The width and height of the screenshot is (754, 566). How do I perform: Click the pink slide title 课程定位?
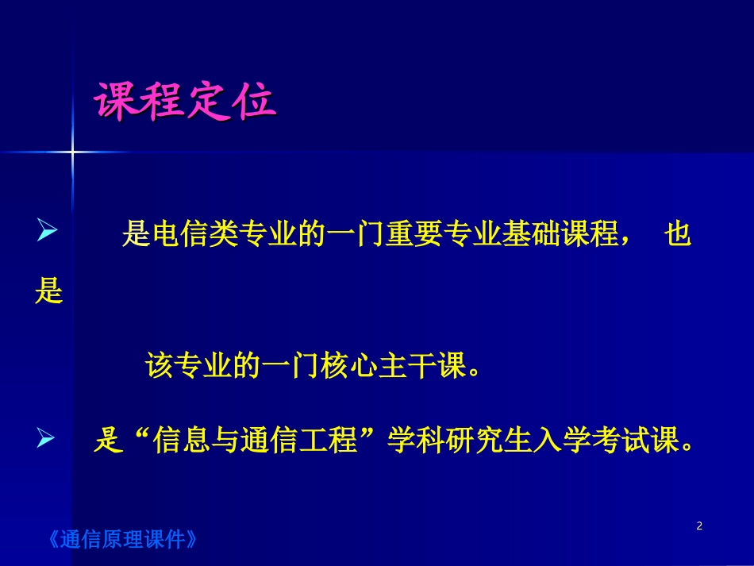coord(185,102)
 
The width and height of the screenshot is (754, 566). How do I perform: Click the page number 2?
coord(699,526)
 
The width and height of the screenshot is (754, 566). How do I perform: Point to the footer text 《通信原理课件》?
coord(122,541)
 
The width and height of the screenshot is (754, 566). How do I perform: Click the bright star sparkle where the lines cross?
coord(72,150)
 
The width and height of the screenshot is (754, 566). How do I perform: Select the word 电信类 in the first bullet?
coord(192,236)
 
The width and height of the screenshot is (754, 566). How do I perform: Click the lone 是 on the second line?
coord(48,292)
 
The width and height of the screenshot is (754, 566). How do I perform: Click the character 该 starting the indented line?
coord(160,366)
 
